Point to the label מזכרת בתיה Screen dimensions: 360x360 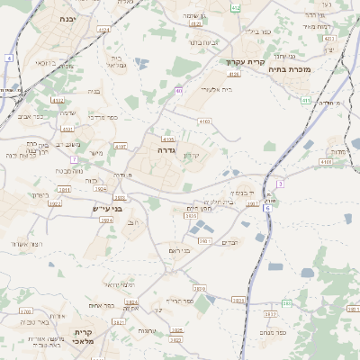314,68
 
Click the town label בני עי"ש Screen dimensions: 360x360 106,208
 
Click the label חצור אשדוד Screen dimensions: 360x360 27,244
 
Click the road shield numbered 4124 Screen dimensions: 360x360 103,30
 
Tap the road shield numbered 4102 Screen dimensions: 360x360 58,102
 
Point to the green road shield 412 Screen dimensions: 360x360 236,8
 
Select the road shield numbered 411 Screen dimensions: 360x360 307,100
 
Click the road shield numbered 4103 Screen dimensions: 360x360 205,121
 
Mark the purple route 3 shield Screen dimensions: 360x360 280,184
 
